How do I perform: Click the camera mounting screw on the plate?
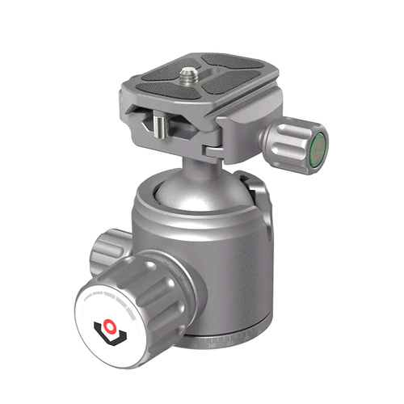[187, 74]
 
